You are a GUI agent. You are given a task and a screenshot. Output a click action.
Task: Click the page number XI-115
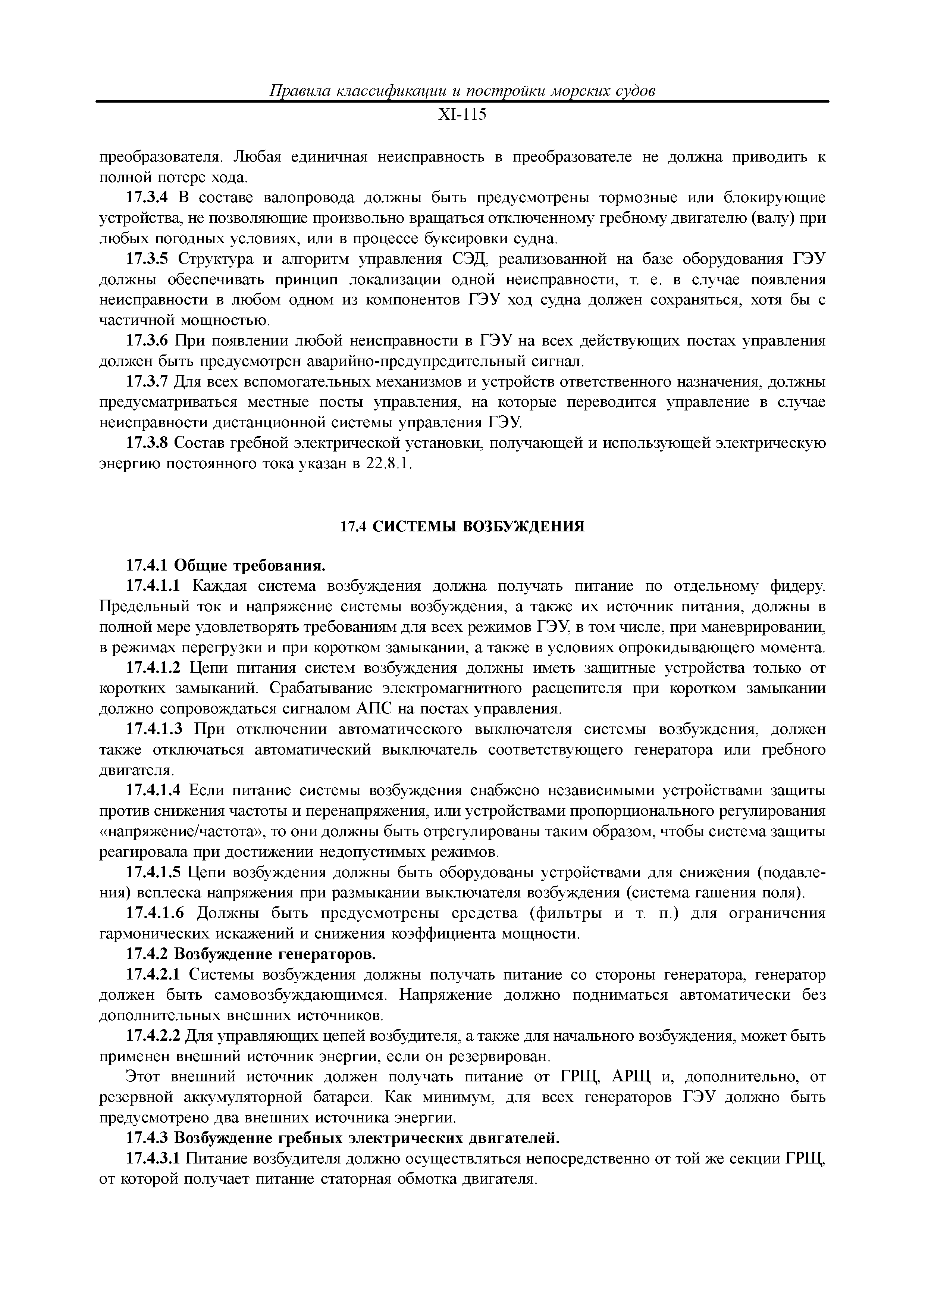pos(462,115)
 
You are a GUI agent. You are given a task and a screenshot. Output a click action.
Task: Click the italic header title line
pos(462,91)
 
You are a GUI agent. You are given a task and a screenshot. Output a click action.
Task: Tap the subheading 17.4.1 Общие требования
pos(225,566)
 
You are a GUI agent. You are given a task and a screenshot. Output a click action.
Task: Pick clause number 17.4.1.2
pos(153,668)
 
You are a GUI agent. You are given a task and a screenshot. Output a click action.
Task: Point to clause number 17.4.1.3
pos(153,729)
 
